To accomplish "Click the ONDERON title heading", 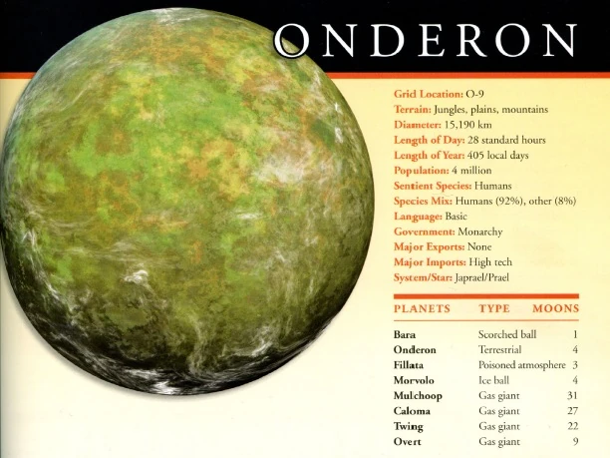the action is click(429, 40).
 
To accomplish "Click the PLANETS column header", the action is click(422, 309).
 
